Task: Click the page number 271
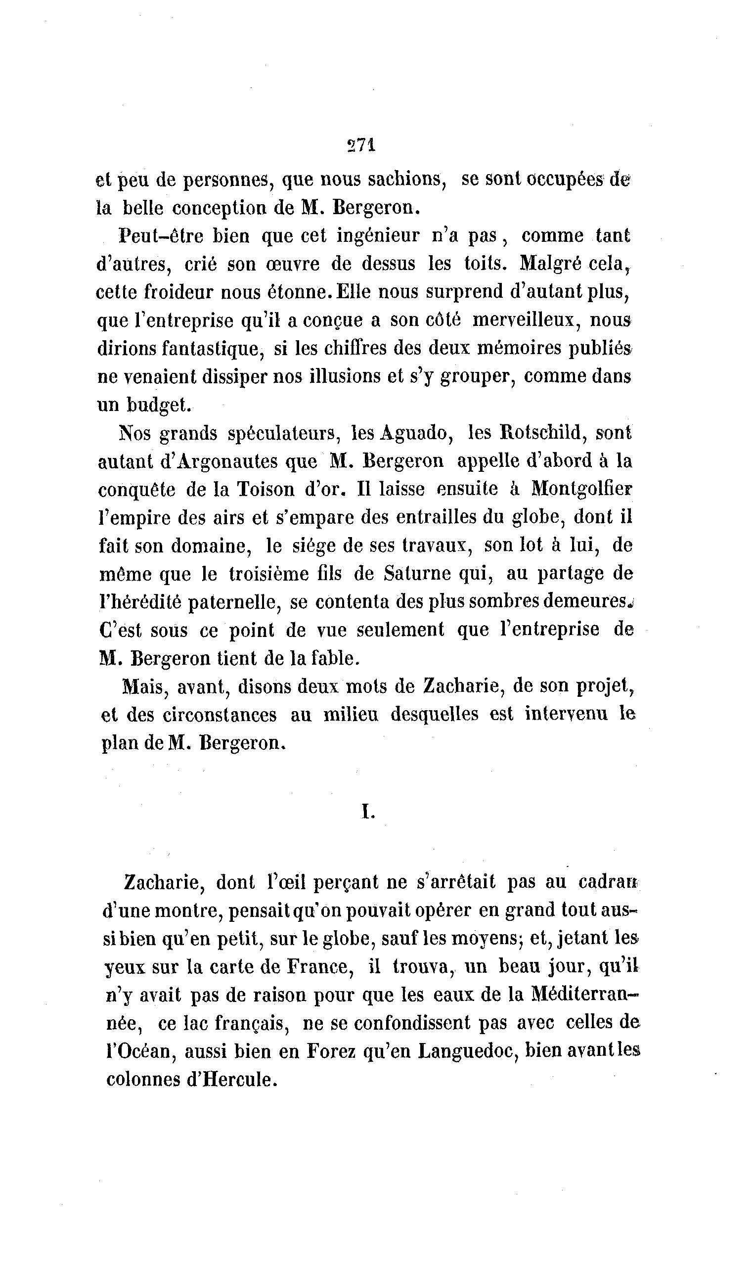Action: (x=361, y=145)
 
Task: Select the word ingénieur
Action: (x=378, y=236)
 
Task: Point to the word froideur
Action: (x=177, y=292)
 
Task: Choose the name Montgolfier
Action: (x=582, y=490)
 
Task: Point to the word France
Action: (x=319, y=967)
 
